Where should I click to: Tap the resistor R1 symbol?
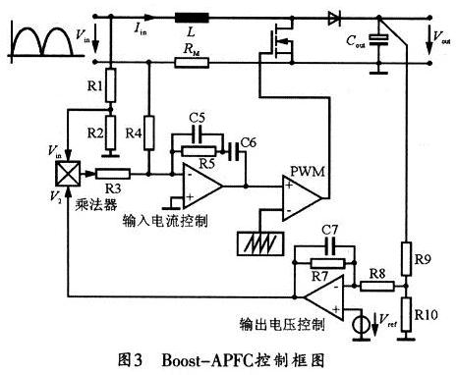111,89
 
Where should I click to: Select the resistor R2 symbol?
111,131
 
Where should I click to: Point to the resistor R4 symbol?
149,130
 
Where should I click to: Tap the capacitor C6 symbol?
237,151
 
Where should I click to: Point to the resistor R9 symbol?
405,258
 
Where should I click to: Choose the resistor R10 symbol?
405,316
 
